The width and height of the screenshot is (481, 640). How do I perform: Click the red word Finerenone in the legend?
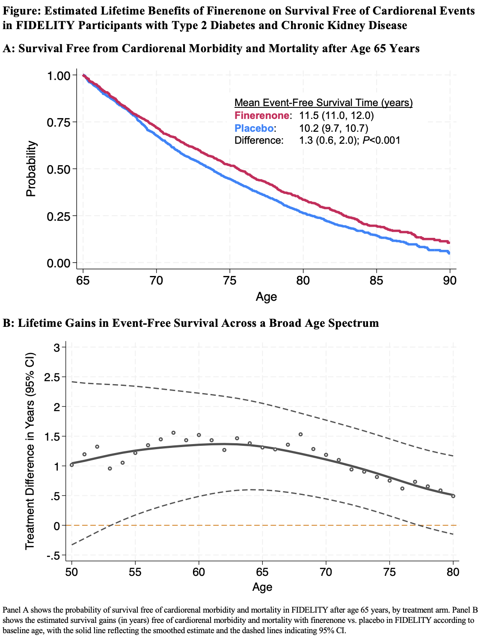click(262, 116)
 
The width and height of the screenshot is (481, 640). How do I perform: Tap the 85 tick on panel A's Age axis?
click(376, 281)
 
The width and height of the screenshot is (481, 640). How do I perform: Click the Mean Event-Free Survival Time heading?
click(324, 103)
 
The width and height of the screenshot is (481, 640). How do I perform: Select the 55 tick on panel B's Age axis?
click(135, 572)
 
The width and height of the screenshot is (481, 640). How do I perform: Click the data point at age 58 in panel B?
click(173, 433)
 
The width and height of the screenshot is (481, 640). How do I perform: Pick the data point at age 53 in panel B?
click(110, 468)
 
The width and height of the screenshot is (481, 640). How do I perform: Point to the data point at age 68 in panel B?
click(300, 435)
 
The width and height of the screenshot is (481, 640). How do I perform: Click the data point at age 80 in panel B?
click(453, 496)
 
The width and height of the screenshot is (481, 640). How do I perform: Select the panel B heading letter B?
click(6, 323)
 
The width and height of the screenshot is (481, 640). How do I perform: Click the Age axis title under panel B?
click(262, 587)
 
